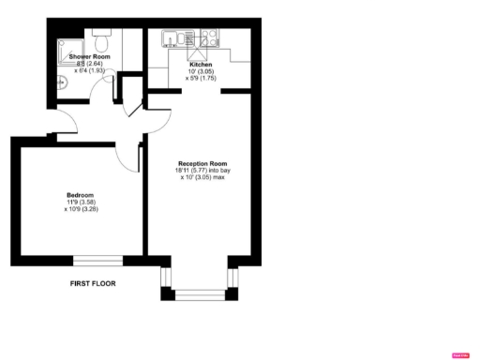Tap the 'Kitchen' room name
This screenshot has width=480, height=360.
(x=202, y=65)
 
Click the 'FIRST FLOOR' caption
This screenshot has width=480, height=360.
(x=93, y=282)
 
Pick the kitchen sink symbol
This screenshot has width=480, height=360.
(x=171, y=40)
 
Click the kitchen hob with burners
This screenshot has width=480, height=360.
(x=210, y=40)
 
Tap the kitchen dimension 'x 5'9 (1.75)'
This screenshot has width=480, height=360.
(x=202, y=79)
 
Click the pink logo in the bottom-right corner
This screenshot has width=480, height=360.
(x=459, y=354)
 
